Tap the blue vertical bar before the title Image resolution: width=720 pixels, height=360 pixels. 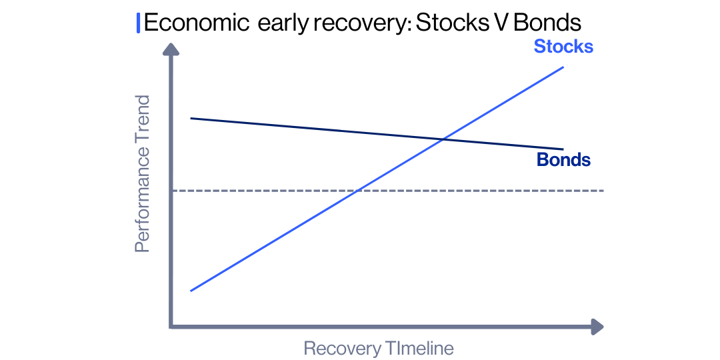point(138,23)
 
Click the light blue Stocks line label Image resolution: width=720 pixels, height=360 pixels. point(563,47)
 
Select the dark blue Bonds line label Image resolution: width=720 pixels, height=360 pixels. point(563,160)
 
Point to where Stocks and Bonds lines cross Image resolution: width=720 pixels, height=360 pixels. point(443,139)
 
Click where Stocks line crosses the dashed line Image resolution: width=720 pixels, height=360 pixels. point(358,191)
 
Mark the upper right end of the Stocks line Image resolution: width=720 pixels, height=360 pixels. point(564,67)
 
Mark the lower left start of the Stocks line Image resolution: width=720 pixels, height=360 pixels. point(191,291)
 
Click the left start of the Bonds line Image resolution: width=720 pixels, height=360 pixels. point(191,118)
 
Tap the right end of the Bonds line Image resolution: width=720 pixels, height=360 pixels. point(563,149)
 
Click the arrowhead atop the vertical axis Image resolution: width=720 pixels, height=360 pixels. point(171,50)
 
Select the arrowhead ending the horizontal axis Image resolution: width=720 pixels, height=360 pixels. point(597,327)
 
